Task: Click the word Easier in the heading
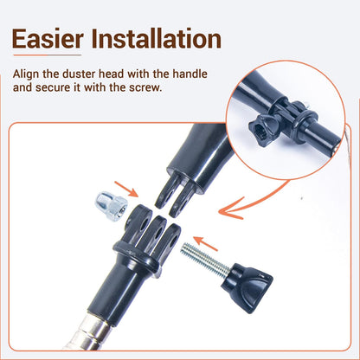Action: click(x=48, y=39)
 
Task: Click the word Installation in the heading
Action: click(x=157, y=38)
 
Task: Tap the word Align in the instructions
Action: click(x=26, y=74)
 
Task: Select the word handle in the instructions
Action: click(x=190, y=74)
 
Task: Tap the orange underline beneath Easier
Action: click(x=48, y=55)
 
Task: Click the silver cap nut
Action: click(x=111, y=206)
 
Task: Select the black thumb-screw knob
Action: click(x=247, y=287)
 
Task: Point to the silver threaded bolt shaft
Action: click(x=205, y=258)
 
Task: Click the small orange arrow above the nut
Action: click(x=126, y=189)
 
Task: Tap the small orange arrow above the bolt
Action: click(x=205, y=244)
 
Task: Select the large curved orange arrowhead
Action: click(x=231, y=209)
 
